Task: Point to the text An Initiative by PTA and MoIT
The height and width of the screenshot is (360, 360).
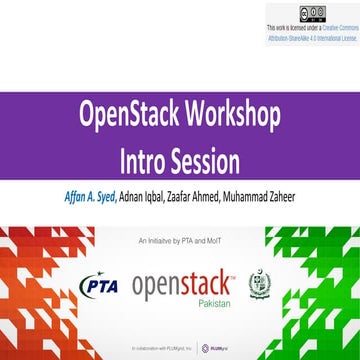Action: [x=180, y=241]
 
